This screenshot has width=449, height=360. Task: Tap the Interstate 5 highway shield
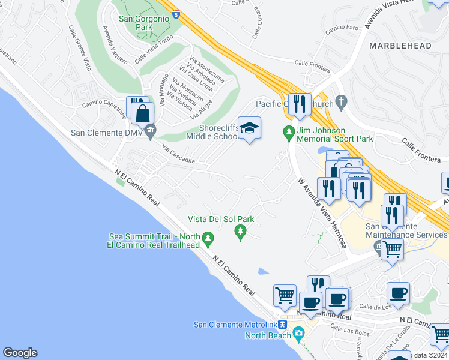176,13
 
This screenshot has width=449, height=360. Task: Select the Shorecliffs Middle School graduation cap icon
249,127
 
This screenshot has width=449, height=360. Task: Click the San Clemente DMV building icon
150,130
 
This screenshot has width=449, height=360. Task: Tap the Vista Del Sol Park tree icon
241,231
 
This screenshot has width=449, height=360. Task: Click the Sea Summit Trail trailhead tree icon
208,239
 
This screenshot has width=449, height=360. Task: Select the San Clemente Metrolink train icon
291,325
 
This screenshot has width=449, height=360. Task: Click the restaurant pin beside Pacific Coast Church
298,104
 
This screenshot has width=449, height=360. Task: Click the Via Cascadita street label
178,156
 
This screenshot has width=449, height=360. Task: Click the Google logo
20,353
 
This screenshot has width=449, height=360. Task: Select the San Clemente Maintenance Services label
406,230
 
